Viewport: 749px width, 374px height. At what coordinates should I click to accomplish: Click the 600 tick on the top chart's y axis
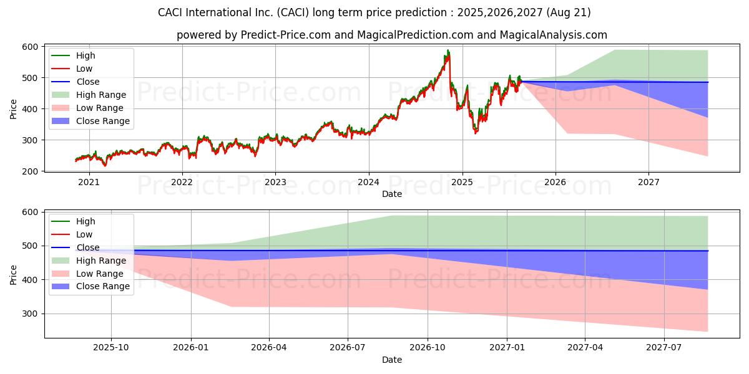pyautogui.click(x=31, y=47)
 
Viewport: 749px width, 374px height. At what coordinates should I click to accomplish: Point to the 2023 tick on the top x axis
pyautogui.click(x=275, y=182)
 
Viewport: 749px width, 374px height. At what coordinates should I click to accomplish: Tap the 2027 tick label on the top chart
pyautogui.click(x=649, y=182)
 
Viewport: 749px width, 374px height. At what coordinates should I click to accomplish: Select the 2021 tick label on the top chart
pyautogui.click(x=89, y=182)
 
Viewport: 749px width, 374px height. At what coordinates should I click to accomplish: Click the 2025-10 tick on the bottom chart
pyautogui.click(x=111, y=348)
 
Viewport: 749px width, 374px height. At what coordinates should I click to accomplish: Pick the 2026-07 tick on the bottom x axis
pyautogui.click(x=348, y=348)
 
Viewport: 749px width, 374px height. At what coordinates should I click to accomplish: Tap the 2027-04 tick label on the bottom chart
pyautogui.click(x=585, y=348)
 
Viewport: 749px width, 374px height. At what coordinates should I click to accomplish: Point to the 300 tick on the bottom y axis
pyautogui.click(x=31, y=314)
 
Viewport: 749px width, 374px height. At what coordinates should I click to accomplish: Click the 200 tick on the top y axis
pyautogui.click(x=31, y=171)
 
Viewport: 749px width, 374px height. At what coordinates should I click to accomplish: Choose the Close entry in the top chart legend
pyautogui.click(x=88, y=82)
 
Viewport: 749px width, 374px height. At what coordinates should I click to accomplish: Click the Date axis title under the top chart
pyautogui.click(x=391, y=194)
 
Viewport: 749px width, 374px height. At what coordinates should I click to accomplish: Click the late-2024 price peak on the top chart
pyautogui.click(x=448, y=50)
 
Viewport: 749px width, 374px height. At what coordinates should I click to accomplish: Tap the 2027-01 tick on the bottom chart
pyautogui.click(x=507, y=348)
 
